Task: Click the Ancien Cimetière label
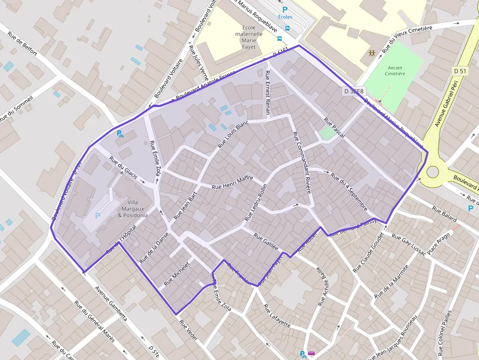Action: point(395,71)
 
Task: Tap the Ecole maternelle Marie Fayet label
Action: point(249,37)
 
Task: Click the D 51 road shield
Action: point(460,71)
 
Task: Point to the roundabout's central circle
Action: point(433,172)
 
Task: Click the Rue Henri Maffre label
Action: point(233,183)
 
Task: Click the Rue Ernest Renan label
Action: point(267,93)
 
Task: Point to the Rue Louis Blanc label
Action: point(233,134)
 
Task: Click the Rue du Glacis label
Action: point(123,167)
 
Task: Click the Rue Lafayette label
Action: point(277,316)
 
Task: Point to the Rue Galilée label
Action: point(266,241)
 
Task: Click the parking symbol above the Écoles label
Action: point(285,9)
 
